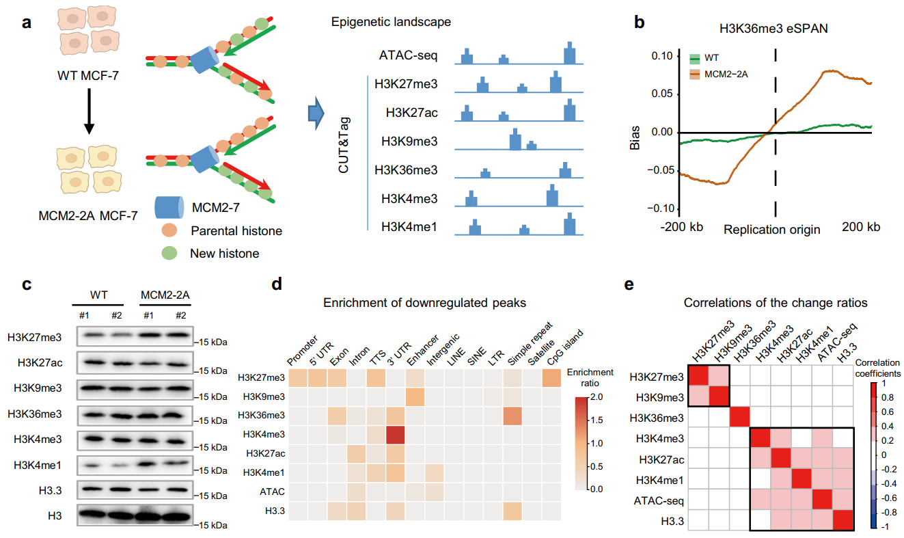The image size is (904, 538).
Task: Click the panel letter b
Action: tap(640, 22)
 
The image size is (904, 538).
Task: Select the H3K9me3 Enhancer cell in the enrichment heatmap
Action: tap(415, 396)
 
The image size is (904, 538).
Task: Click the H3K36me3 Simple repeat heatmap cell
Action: tap(514, 416)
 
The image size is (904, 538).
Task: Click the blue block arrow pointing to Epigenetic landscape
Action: tap(314, 112)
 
